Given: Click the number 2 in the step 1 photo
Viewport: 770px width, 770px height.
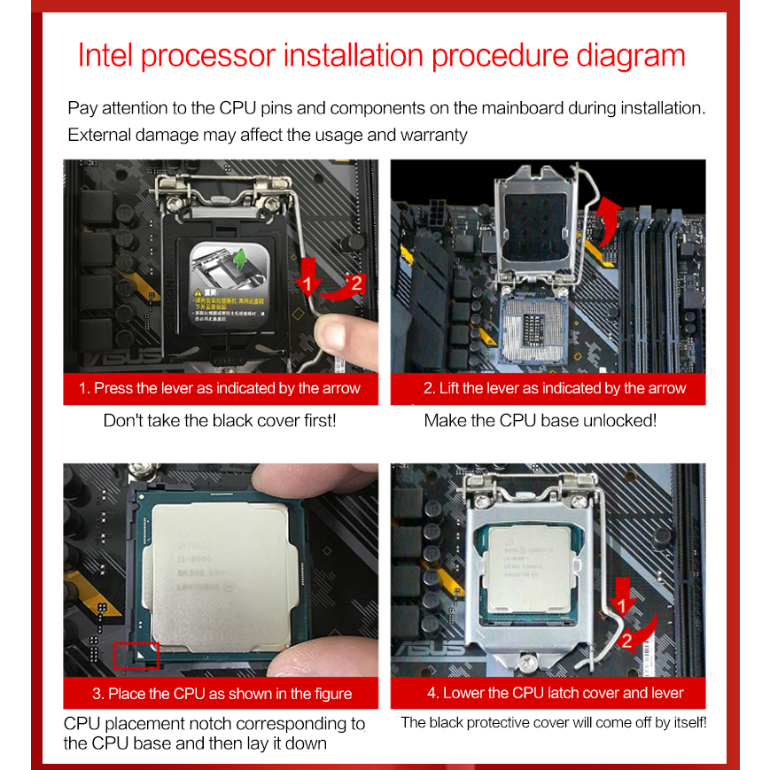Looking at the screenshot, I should pos(355,284).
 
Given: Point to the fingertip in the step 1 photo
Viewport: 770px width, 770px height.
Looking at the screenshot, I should pos(336,336).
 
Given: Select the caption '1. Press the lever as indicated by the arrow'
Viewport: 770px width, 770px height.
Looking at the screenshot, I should pos(220,388).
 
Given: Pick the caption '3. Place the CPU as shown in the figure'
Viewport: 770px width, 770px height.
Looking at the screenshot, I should pos(221,693).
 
